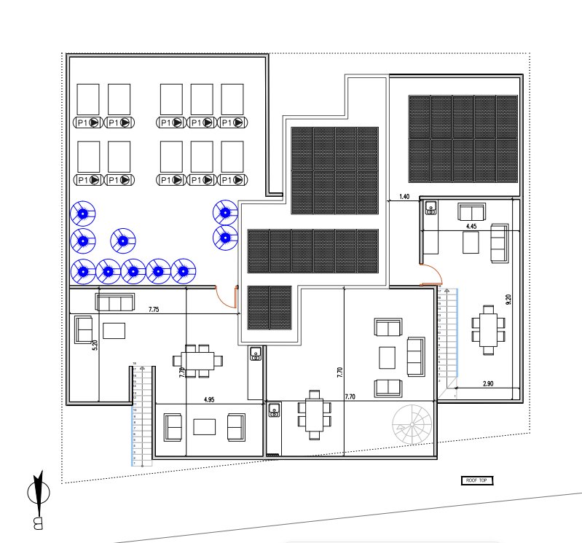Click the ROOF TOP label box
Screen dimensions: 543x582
click(x=478, y=480)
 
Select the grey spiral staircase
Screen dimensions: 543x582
click(x=412, y=423)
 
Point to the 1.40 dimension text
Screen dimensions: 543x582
click(x=404, y=197)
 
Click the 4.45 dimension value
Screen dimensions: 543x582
click(x=471, y=227)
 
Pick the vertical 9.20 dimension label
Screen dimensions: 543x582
click(x=508, y=299)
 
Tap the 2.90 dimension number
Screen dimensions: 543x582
click(x=488, y=383)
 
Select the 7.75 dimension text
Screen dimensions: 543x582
click(x=154, y=310)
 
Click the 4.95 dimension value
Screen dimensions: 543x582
click(x=209, y=399)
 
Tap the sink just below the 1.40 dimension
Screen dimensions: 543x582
click(x=430, y=209)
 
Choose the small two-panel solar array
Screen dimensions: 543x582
click(x=270, y=308)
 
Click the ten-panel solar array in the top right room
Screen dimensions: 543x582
click(x=463, y=138)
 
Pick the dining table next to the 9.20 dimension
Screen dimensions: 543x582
click(x=487, y=330)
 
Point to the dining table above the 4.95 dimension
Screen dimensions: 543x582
click(x=197, y=360)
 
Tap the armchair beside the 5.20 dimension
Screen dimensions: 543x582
click(x=83, y=329)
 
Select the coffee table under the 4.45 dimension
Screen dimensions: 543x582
click(x=471, y=243)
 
